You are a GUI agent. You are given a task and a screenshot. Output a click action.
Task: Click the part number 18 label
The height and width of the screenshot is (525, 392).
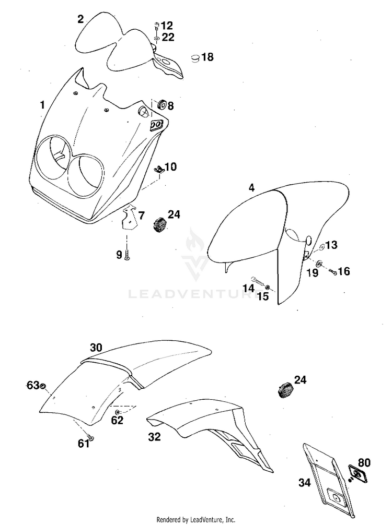(x=207, y=57)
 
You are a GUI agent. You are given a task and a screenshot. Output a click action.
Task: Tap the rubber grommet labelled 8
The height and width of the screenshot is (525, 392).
(x=160, y=104)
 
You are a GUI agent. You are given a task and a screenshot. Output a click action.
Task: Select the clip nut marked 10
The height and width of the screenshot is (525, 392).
(x=159, y=169)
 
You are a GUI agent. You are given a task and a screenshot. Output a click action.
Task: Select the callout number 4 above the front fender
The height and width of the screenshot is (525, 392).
(x=251, y=187)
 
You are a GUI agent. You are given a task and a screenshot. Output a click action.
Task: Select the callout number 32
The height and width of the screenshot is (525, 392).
(x=154, y=437)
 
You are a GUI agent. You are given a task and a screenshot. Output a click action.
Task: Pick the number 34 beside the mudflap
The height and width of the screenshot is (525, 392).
(x=304, y=483)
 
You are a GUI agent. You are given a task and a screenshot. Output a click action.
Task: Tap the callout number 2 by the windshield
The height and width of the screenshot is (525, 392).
(x=80, y=19)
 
